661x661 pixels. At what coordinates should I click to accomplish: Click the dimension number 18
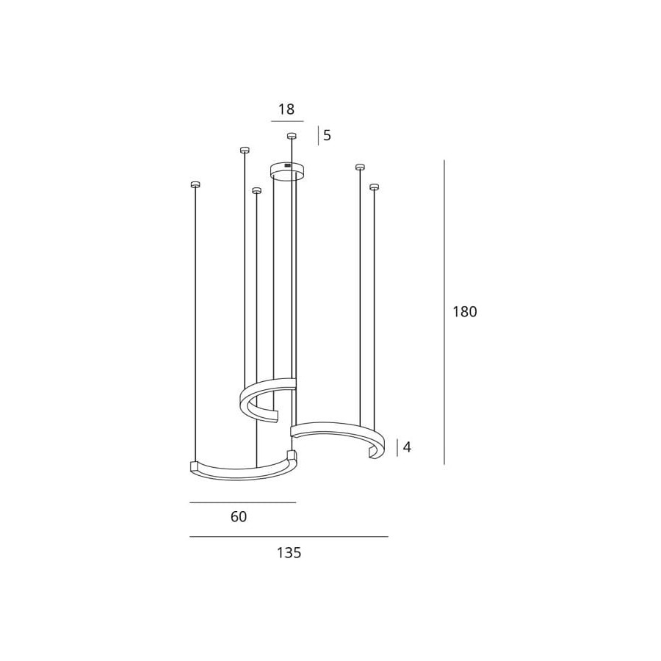coord(286,109)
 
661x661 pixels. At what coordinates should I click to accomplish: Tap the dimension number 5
coord(327,135)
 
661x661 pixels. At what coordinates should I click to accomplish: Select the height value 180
coord(465,312)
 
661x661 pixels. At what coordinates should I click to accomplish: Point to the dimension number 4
coord(407,447)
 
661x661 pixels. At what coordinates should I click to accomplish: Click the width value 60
coord(239,517)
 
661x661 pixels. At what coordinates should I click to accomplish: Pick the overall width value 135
coord(289,552)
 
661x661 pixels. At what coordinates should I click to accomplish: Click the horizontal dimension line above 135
coord(289,537)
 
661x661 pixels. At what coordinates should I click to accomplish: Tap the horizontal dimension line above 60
coord(243,502)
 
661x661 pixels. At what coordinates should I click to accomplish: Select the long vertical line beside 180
coord(444,312)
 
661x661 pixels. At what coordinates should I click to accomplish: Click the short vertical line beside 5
coord(318,136)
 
